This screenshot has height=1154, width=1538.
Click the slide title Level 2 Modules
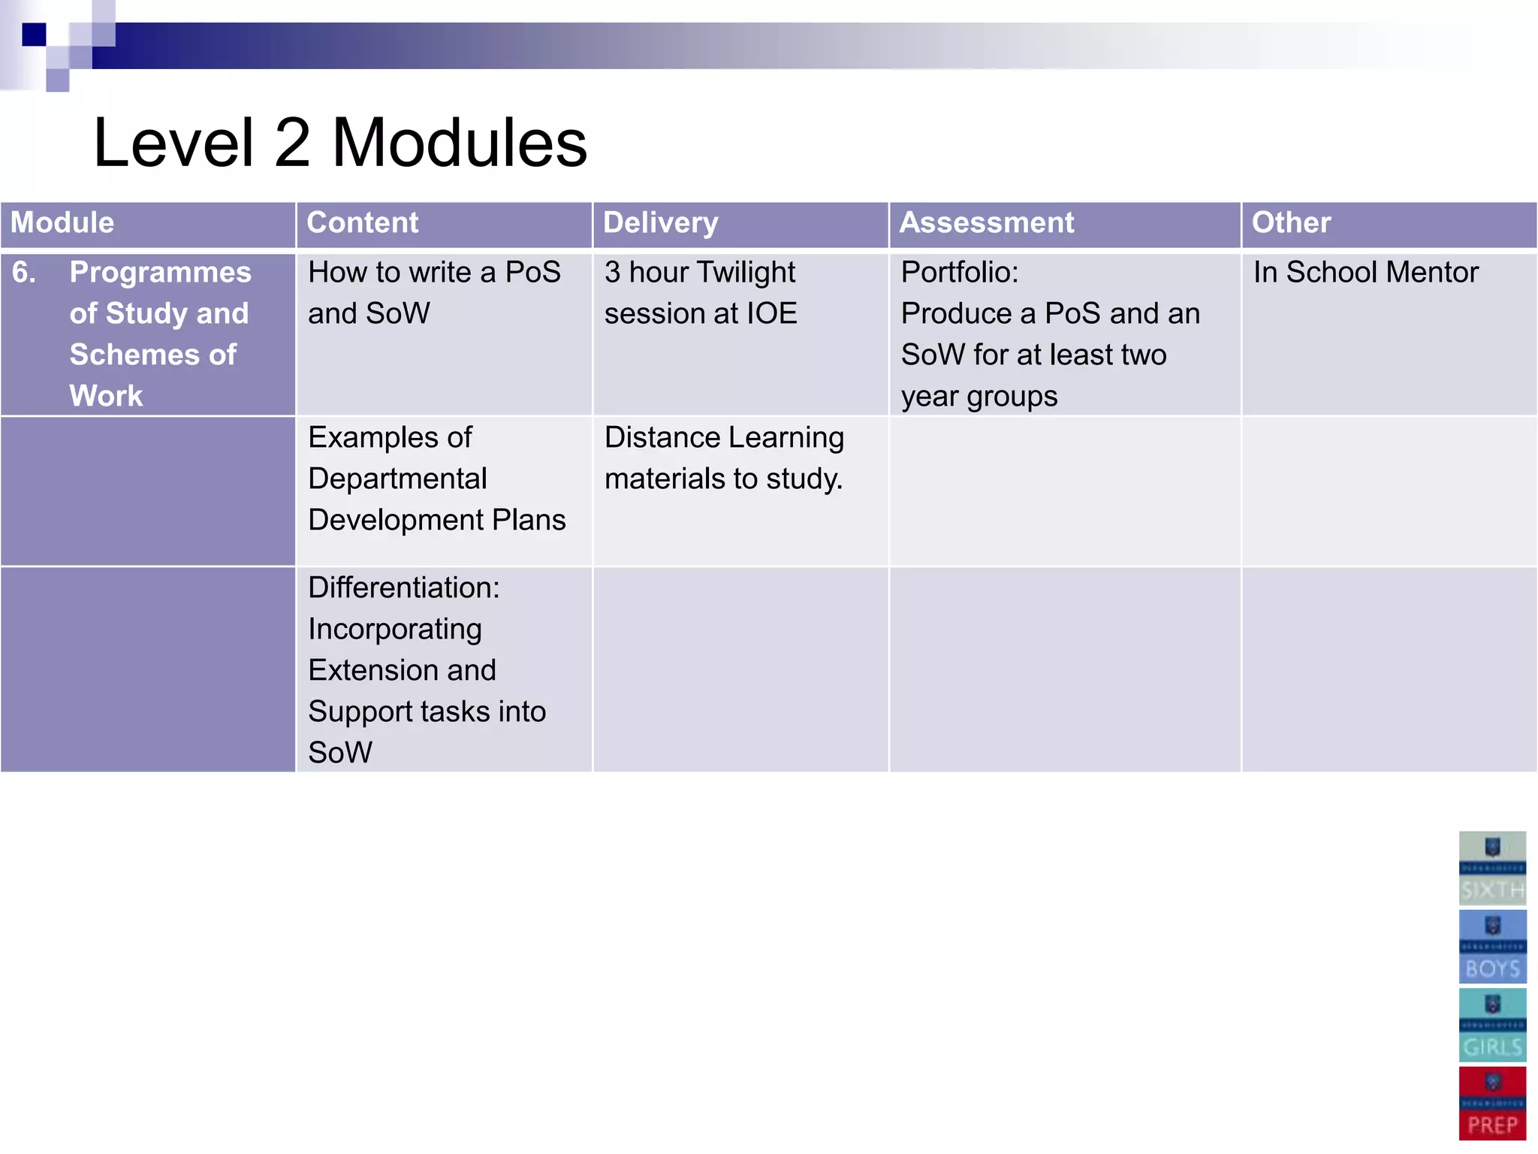coord(339,143)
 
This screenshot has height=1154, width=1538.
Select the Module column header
coord(62,223)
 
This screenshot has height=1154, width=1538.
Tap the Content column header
coord(363,223)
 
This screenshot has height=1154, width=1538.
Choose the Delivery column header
coord(661,223)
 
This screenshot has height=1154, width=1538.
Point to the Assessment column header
coord(987,223)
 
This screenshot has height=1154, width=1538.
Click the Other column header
coord(1291,223)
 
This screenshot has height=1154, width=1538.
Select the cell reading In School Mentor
coord(1365,273)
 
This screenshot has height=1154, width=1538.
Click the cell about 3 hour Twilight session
coord(700,293)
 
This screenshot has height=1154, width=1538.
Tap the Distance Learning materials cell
coord(724,458)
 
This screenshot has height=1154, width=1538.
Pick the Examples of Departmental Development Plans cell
coord(436,479)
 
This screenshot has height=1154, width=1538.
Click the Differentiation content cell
coord(427,669)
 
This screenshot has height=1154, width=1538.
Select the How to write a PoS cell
coord(434,293)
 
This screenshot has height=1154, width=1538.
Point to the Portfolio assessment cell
coord(1050,334)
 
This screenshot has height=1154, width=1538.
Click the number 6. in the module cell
coord(24,273)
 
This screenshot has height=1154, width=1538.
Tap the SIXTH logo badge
coord(1492,868)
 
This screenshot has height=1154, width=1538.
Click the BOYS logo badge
coord(1492,947)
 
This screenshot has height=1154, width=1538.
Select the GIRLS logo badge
coord(1492,1025)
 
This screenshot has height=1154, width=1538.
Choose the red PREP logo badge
coord(1492,1103)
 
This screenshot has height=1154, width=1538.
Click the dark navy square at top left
coord(34,35)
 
